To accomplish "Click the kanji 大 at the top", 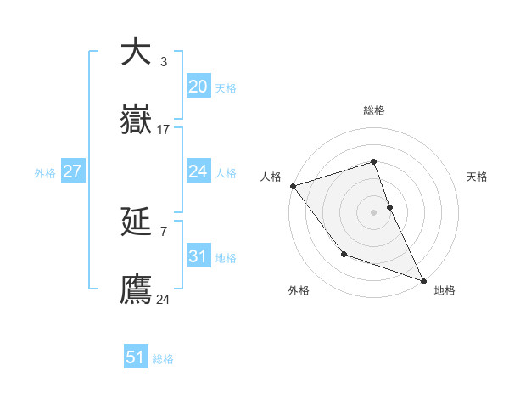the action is coord(136,51).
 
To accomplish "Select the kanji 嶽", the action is coord(136,120).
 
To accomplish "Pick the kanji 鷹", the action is coord(136,289).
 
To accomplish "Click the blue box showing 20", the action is coord(198,87).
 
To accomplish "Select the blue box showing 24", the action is coord(198,171).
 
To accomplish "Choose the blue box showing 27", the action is coord(72,171).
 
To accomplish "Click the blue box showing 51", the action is coord(136,357).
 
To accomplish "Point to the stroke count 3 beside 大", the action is coord(164,62).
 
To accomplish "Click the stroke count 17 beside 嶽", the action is coord(164,130).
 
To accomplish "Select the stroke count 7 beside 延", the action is coord(164,231).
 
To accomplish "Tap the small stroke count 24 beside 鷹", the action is coord(164,299).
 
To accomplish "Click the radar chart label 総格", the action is coord(374,110).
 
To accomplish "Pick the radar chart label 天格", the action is coord(477,177).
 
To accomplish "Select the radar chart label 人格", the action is coord(271,177).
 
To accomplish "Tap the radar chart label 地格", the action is coord(445,290).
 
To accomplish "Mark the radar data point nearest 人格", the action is coord(293,186).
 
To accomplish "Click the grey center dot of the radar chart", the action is coord(374,211).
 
